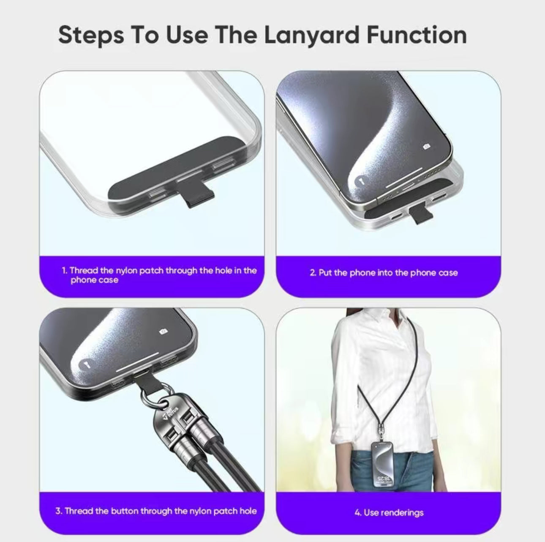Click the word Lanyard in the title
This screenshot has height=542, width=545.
312,36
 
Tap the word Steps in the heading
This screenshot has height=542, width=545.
91,36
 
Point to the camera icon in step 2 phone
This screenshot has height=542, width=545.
427,146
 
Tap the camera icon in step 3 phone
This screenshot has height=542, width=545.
163,331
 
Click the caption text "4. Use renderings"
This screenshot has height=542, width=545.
389,512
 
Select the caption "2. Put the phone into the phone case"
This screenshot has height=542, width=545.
384,273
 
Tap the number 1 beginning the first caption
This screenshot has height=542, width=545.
64,271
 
